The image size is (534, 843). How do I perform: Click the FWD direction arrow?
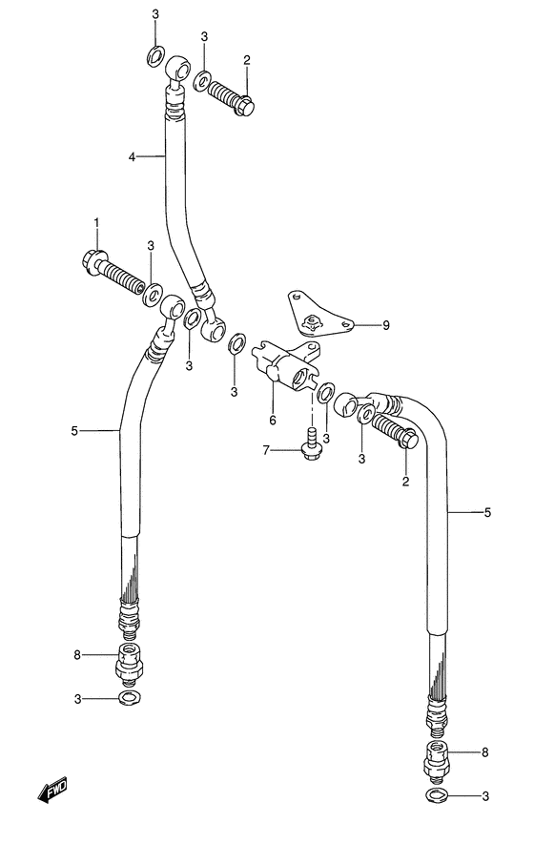coord(52,791)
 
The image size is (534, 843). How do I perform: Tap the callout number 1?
coord(97,221)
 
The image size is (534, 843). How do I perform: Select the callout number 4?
coord(133,157)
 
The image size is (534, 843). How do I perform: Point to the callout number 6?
coord(273,420)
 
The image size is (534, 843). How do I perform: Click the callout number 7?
coord(266,450)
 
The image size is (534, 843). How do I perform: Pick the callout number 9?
coord(386,325)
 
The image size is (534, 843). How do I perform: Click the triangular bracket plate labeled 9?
coord(317,315)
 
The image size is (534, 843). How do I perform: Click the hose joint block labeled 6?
coord(287,364)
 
